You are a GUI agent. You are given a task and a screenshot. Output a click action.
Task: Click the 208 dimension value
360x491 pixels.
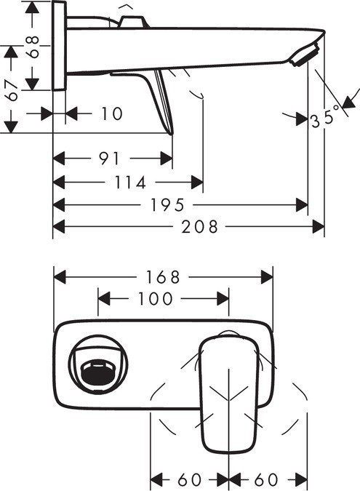tap(201, 227)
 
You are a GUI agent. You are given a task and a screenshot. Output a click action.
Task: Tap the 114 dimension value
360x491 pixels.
tap(132, 182)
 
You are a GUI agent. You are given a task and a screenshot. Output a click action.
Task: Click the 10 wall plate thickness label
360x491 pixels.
tap(111, 114)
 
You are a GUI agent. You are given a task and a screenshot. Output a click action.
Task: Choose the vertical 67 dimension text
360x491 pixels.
tap(10, 90)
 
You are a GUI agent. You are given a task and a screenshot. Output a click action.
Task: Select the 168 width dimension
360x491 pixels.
tap(163, 277)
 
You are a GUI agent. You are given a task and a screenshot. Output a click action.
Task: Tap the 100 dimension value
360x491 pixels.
tap(155, 299)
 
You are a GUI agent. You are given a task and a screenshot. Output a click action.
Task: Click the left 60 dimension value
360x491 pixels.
tap(189, 480)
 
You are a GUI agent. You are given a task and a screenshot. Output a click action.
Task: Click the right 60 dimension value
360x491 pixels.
tap(266, 480)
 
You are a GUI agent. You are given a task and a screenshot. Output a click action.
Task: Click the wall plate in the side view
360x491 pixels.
tap(59, 46)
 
